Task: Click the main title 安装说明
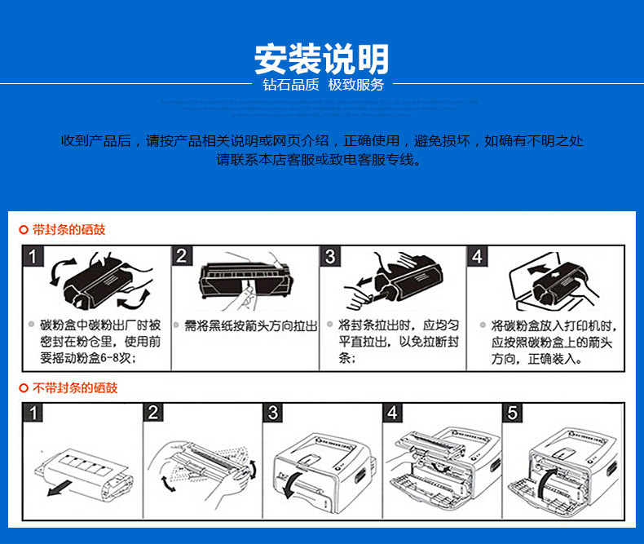tap(322, 59)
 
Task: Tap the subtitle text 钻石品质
tap(290, 86)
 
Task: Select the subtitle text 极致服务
tap(355, 86)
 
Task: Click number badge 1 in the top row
tap(33, 256)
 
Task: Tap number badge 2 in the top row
tap(182, 256)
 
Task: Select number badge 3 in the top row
tap(329, 256)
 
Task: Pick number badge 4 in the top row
tap(477, 256)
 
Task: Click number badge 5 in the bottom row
tap(513, 413)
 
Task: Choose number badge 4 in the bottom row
tap(393, 413)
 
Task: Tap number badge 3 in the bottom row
tap(273, 413)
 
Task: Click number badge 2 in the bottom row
tap(153, 413)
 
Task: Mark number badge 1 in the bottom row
tap(33, 413)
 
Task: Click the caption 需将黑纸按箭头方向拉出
tap(250, 325)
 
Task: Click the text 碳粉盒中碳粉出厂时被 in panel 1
tap(100, 325)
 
